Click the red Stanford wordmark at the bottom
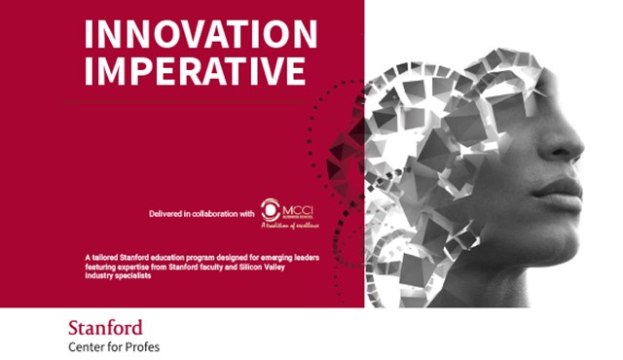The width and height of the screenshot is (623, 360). (x=105, y=327)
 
